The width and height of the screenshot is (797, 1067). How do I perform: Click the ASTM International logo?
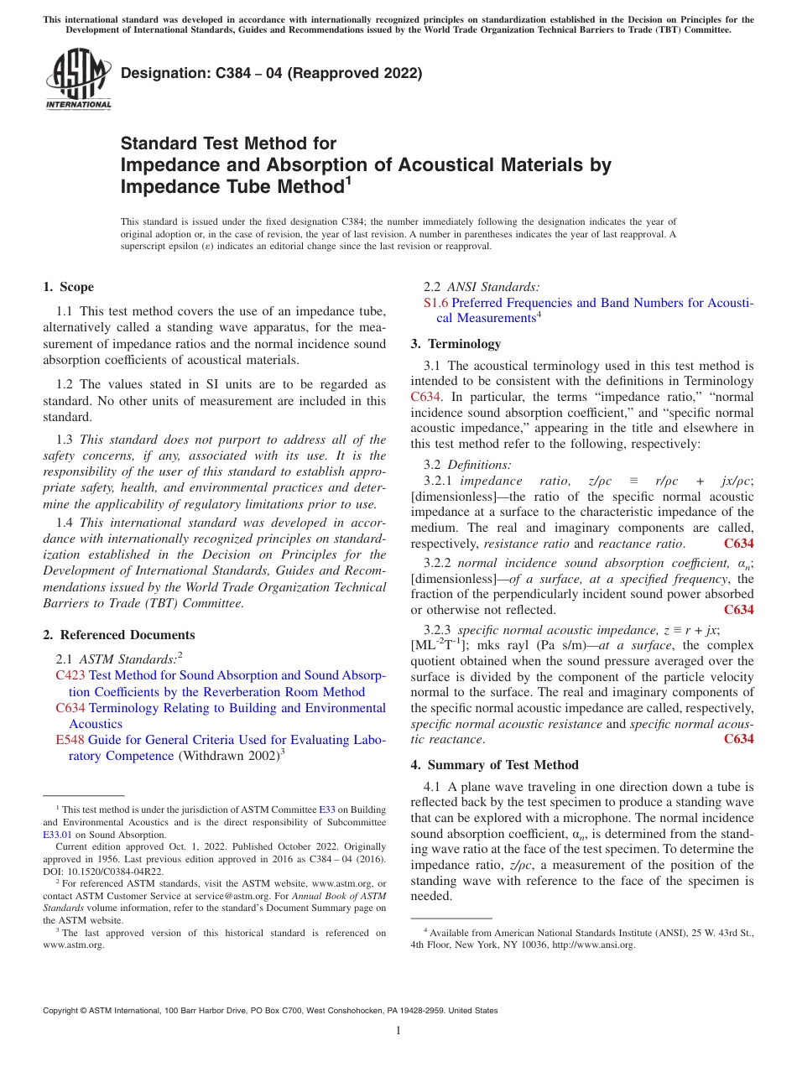(78, 79)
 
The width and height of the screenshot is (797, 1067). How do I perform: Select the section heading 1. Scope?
(69, 287)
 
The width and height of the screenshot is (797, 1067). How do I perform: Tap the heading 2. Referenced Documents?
(118, 635)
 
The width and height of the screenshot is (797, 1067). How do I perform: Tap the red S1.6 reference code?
(436, 303)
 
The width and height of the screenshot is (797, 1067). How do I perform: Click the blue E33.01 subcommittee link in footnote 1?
(57, 835)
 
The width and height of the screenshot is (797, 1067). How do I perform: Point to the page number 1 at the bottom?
(398, 1031)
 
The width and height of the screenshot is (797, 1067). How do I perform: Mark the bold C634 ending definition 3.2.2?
(738, 610)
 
